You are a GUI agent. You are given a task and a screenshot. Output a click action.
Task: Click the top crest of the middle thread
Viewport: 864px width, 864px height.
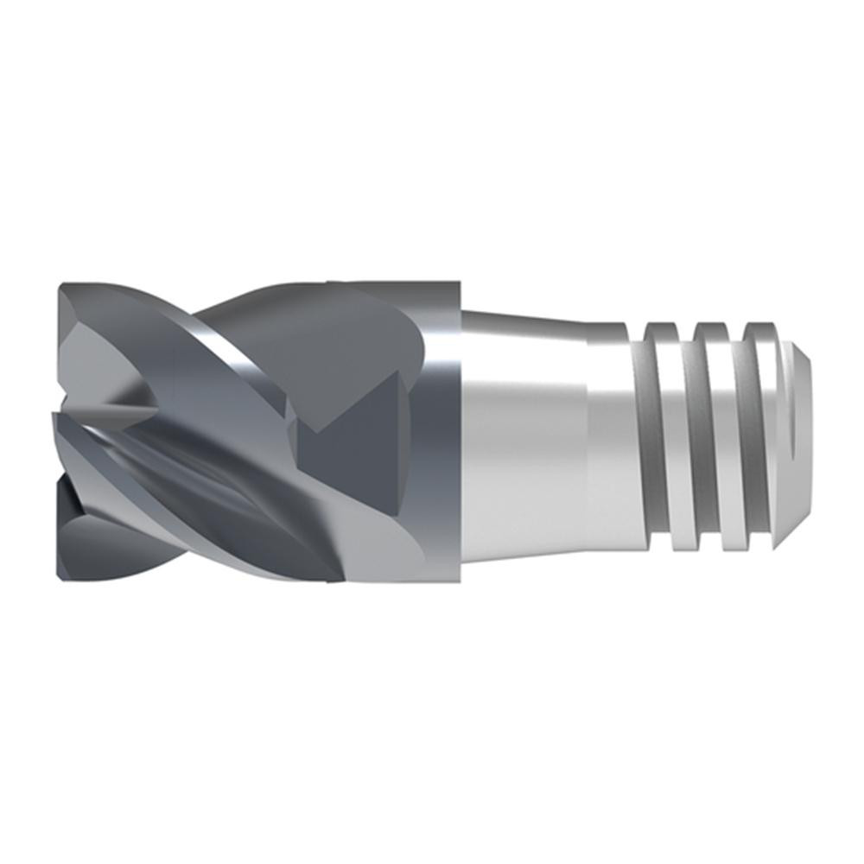[x=710, y=327]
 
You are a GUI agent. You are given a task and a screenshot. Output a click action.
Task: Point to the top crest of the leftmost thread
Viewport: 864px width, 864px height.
[x=661, y=326]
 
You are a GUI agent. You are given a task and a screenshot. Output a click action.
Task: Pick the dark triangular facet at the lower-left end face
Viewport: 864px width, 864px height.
[x=82, y=527]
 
